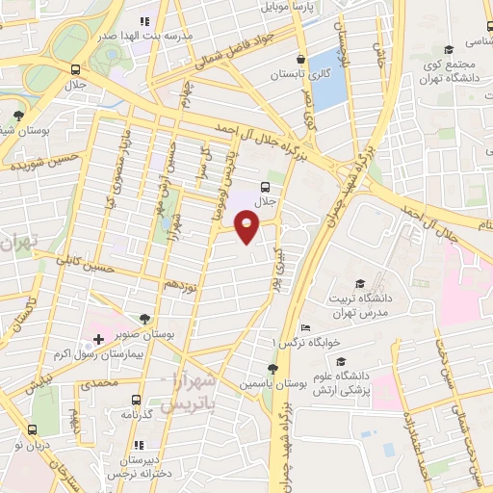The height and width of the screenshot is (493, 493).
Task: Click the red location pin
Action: (247, 227)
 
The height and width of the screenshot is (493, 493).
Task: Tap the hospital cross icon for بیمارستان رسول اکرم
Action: (98, 340)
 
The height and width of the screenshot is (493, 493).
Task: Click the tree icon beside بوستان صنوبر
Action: (145, 317)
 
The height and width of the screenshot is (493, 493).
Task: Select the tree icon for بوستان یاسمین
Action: (273, 368)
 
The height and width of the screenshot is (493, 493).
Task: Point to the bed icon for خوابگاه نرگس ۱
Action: (305, 328)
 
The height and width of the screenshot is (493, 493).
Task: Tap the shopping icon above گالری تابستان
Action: (301, 59)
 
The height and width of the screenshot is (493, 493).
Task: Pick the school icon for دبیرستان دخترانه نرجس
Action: (139, 445)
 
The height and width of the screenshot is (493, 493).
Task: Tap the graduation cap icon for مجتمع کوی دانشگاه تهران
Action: (448, 50)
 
